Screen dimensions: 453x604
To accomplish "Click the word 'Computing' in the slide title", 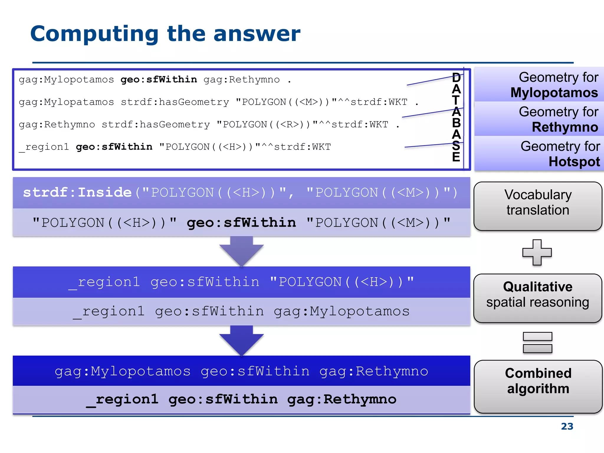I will (x=94, y=34).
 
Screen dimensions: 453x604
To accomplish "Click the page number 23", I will (x=567, y=426).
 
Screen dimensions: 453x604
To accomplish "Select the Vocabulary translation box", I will (x=538, y=206).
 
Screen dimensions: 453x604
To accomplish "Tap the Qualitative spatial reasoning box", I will (x=538, y=298).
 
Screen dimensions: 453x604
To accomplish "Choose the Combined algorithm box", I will (x=538, y=386).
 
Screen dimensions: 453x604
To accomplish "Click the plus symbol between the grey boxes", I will (x=537, y=252).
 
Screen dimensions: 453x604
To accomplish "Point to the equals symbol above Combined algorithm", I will (x=537, y=342).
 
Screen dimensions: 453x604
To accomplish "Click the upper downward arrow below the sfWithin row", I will (x=241, y=251).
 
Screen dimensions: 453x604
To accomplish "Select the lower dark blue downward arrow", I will (x=241, y=340).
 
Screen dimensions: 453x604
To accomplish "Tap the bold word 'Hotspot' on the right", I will (x=574, y=162).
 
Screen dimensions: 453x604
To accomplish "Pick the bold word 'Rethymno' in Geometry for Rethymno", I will (x=565, y=127).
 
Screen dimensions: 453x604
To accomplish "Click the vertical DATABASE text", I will (x=456, y=117).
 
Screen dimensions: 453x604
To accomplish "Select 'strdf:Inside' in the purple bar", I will (x=77, y=193).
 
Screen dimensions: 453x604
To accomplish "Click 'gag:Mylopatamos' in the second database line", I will (x=66, y=102).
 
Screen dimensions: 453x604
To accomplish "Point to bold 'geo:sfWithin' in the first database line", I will (x=159, y=80).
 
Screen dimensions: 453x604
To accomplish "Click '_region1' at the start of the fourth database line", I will (x=44, y=147).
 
